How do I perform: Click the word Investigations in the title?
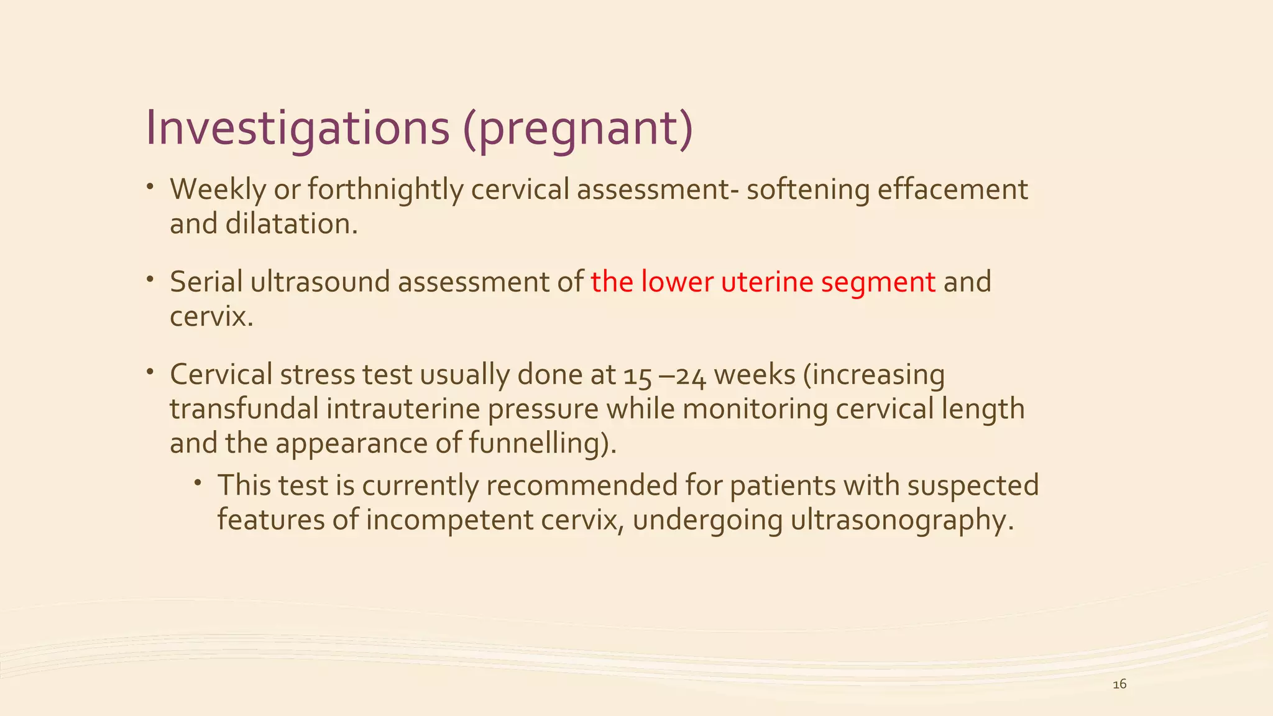click(x=297, y=129)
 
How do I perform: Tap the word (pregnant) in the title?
click(x=577, y=129)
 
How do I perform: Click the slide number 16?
click(x=1119, y=684)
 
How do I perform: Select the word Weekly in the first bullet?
click(x=218, y=190)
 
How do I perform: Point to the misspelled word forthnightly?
click(x=385, y=190)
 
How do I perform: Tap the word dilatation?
click(x=291, y=224)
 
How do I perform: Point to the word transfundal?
click(x=244, y=410)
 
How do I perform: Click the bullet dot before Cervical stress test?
click(x=150, y=372)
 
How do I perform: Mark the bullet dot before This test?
click(x=197, y=482)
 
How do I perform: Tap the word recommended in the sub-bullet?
click(x=581, y=485)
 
